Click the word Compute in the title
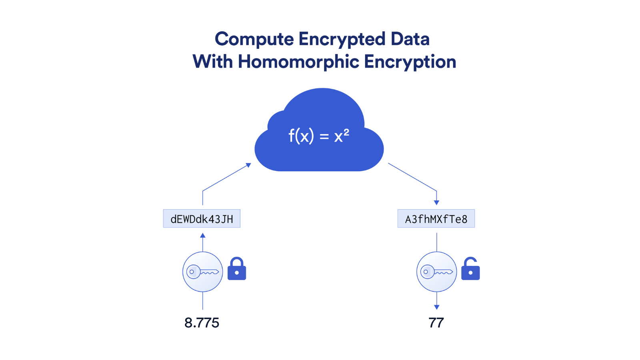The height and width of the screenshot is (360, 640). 254,40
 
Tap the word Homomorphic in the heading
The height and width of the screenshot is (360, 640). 298,62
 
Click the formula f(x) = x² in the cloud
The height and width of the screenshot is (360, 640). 319,136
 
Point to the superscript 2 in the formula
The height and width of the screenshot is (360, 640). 346,132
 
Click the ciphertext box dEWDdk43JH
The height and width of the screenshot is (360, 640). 202,218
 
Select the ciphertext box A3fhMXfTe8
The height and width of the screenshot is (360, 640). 436,218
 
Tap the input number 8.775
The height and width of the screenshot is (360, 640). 202,323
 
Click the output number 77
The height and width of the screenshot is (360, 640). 436,323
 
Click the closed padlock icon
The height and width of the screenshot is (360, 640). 237,268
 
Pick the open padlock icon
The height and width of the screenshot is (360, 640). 470,268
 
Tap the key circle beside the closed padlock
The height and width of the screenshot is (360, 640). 202,272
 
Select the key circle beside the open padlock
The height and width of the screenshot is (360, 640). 436,272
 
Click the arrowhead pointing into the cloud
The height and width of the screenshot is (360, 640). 249,165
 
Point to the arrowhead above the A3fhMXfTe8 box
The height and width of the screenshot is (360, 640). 436,202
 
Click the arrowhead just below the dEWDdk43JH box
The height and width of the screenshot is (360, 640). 202,236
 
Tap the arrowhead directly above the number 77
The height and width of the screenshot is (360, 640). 436,307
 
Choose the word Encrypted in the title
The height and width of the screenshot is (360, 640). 342,40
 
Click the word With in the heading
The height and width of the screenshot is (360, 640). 213,61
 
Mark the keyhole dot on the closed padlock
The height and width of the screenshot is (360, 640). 237,273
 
